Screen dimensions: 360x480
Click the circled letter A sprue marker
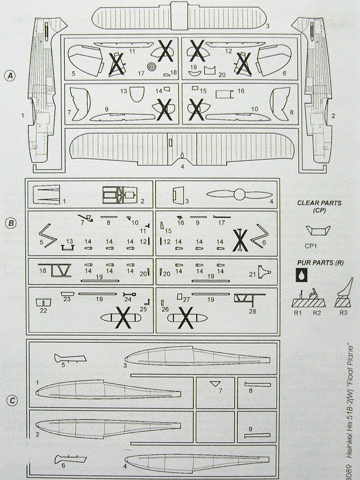click(x=11, y=76)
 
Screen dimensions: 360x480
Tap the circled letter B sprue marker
click(x=11, y=223)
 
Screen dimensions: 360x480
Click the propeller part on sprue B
click(x=239, y=194)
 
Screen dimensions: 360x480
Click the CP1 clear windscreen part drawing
click(x=319, y=230)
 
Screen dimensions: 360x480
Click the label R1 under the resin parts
click(x=298, y=313)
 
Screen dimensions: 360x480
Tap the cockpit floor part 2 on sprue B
click(x=120, y=195)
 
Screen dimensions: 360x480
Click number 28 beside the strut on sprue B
click(x=252, y=311)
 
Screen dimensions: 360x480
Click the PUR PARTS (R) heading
click(x=319, y=263)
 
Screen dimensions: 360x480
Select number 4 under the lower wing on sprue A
click(x=182, y=167)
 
